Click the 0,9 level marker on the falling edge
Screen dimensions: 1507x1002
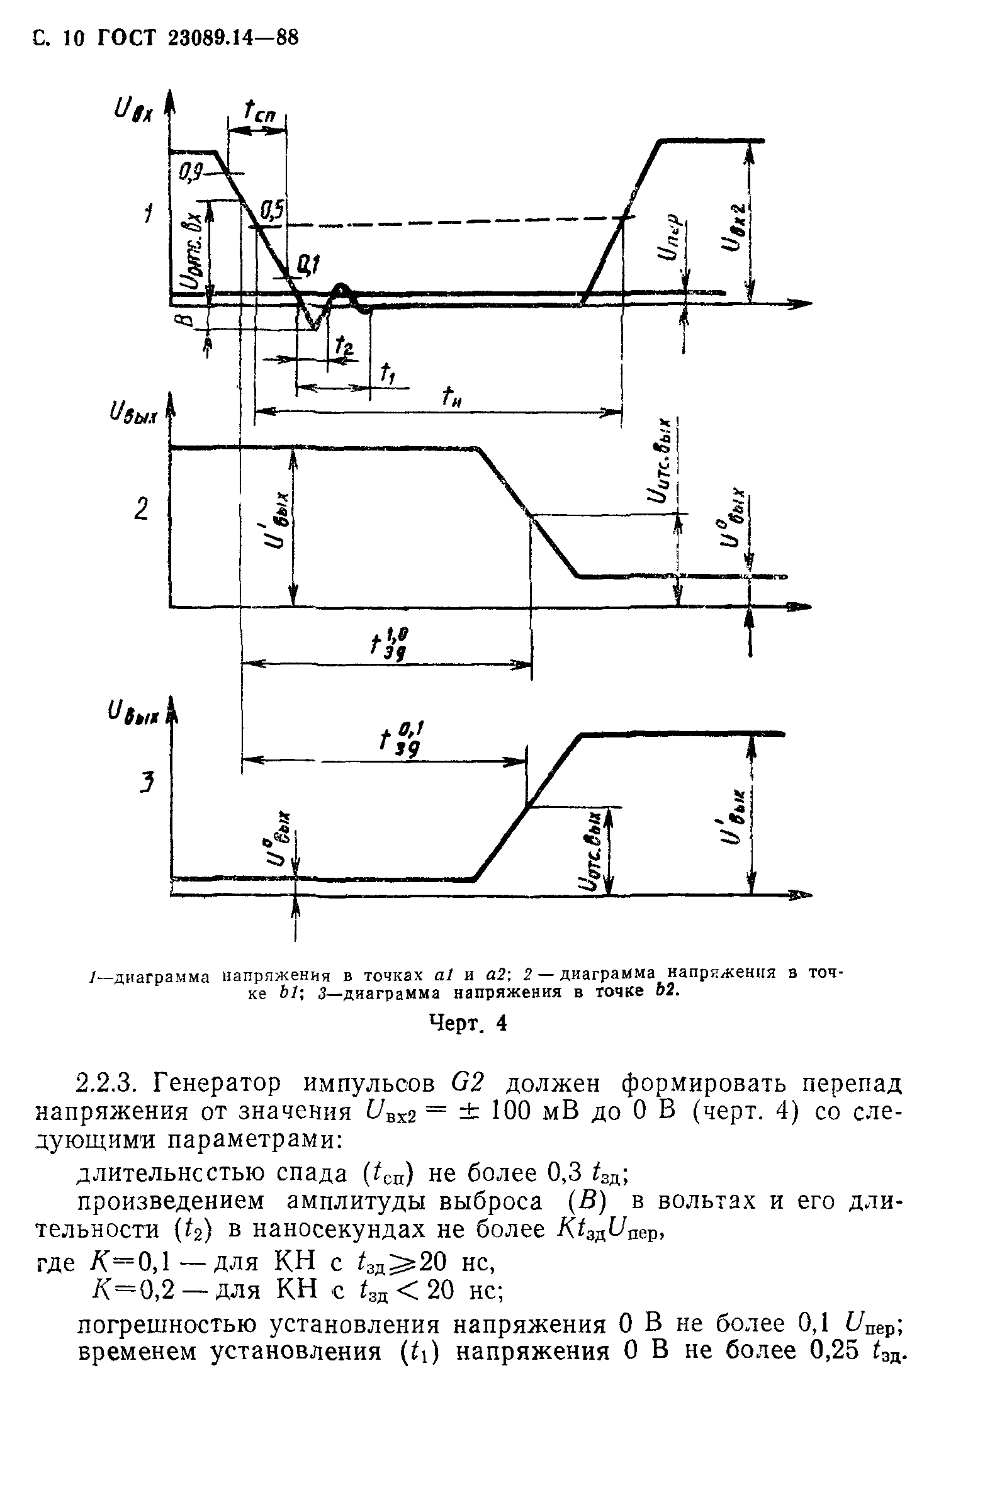(190, 171)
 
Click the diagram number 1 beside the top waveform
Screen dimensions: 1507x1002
(148, 213)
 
